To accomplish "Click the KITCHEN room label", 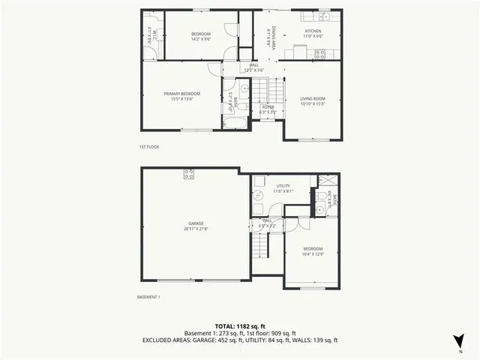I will click(312, 31).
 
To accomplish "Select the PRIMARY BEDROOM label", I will click(179, 93).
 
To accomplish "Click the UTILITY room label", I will click(283, 185).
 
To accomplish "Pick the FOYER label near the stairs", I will click(268, 107).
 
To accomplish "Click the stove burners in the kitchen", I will click(319, 54).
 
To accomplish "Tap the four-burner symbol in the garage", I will click(189, 175).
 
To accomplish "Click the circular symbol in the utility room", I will click(256, 193).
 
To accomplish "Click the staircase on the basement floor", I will click(261, 245).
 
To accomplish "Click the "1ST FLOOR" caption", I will click(149, 147).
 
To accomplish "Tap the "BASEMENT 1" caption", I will click(148, 297).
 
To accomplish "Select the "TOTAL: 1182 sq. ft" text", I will click(239, 326).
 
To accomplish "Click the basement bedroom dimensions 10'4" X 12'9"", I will click(313, 253).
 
